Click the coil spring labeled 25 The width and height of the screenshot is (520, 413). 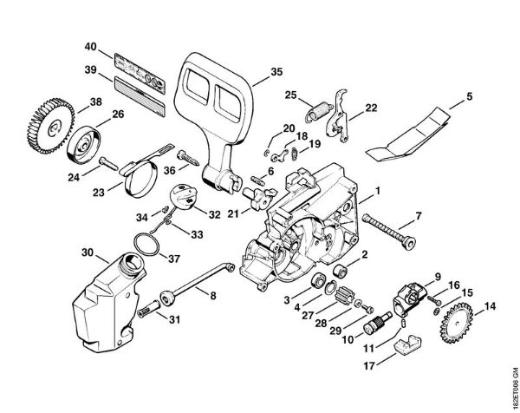click(318, 111)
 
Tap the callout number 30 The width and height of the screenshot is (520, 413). click(87, 252)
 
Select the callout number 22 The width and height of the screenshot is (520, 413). click(370, 108)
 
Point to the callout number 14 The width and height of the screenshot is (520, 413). click(491, 306)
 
